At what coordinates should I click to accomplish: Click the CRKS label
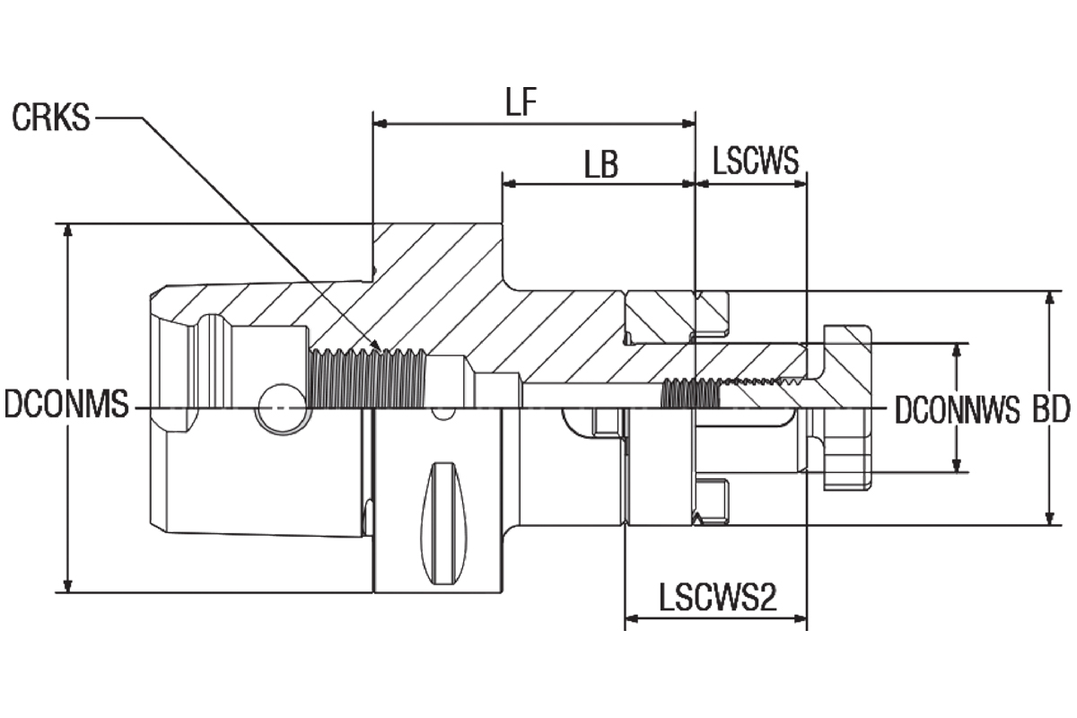coord(51,118)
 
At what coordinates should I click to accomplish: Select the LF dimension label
coord(521,102)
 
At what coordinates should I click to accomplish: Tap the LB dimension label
coord(601,163)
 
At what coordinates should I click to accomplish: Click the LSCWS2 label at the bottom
coord(718,598)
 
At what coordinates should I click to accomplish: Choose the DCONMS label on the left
coord(66,404)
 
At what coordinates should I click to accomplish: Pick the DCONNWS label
coord(957,410)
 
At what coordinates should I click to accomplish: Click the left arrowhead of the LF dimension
coord(380,124)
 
